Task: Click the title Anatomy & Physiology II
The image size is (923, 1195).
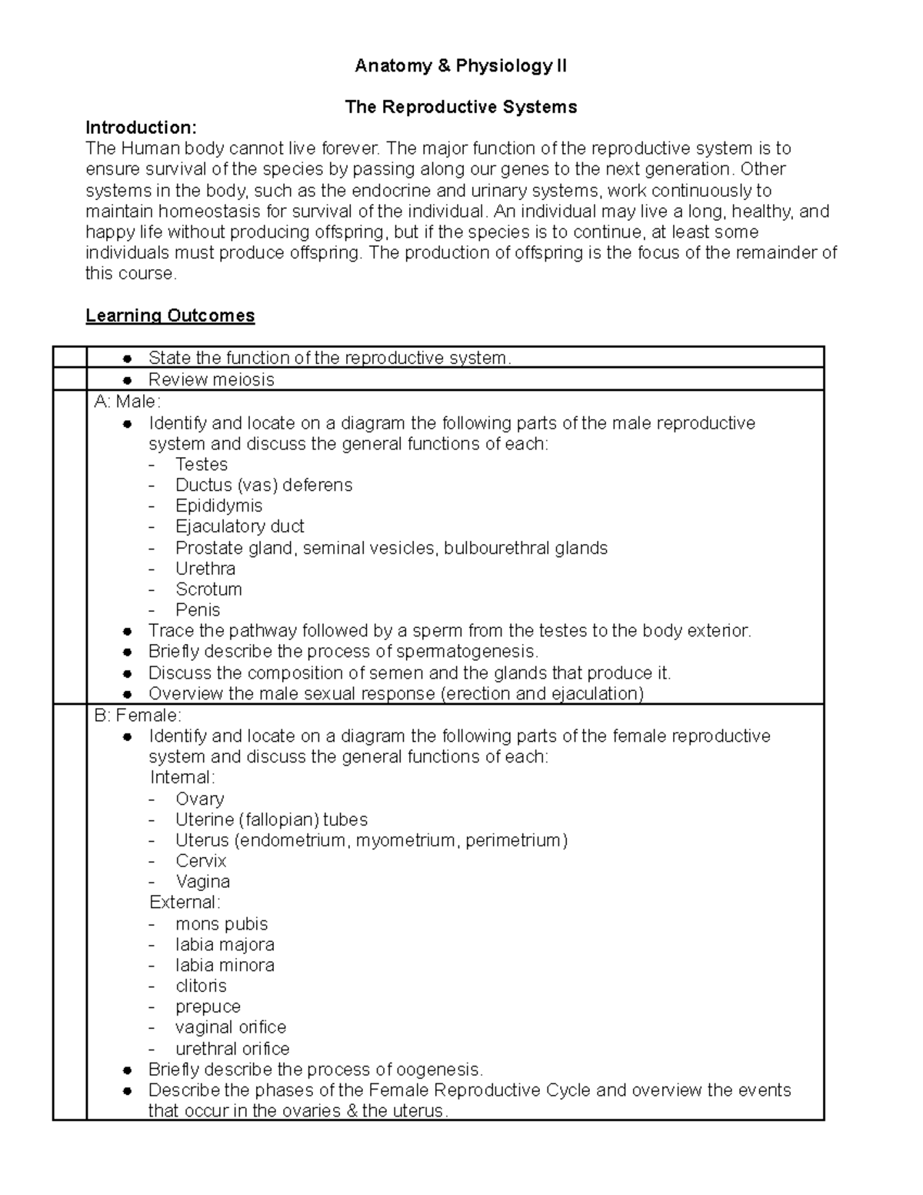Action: (x=460, y=66)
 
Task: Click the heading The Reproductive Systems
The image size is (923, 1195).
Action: (x=461, y=107)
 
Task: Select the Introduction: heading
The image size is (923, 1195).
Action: (x=141, y=127)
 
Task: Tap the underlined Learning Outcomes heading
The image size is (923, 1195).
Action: (x=170, y=315)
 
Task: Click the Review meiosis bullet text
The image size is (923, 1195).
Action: (x=211, y=379)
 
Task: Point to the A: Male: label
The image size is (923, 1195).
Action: (x=127, y=401)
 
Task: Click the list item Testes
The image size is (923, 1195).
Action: (x=201, y=464)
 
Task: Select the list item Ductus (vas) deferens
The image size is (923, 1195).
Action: (x=263, y=485)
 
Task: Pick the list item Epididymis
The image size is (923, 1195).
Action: (x=218, y=506)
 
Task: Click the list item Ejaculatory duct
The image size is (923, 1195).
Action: (x=239, y=526)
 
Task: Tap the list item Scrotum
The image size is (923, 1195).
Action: (x=208, y=589)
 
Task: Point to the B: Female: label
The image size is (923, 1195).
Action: (x=138, y=715)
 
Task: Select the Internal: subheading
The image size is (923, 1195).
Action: (x=182, y=777)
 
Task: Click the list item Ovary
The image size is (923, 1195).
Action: (x=199, y=799)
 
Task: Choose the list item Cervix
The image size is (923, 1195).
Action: (x=201, y=861)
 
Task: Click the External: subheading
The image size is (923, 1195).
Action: (x=185, y=902)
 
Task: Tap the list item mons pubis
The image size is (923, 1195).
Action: (x=222, y=923)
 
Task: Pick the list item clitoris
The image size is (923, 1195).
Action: (x=201, y=986)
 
